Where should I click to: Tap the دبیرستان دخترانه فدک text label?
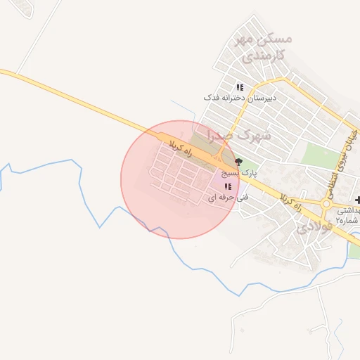[240, 98]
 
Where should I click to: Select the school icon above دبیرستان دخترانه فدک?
[240, 87]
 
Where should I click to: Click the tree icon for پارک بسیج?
[238, 162]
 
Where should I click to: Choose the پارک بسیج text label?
[239, 172]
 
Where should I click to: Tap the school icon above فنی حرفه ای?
[228, 186]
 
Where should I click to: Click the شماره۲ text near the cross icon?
[347, 220]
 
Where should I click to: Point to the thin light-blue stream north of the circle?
[184, 112]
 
